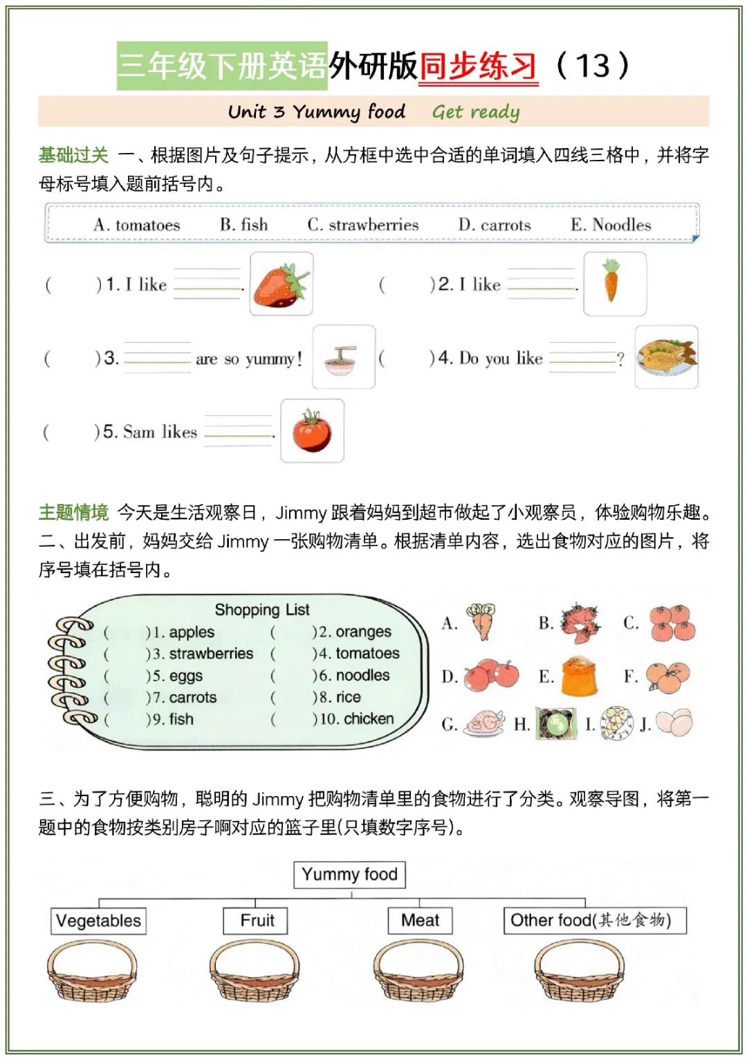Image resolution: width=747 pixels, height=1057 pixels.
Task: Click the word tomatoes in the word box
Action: pyautogui.click(x=147, y=225)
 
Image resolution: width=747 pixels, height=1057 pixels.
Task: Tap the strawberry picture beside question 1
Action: pyautogui.click(x=281, y=284)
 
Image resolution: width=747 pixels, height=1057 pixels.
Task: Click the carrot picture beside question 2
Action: pyautogui.click(x=614, y=283)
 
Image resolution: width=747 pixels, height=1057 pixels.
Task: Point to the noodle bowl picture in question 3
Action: pyautogui.click(x=343, y=357)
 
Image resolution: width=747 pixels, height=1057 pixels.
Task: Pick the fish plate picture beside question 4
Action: pyautogui.click(x=666, y=356)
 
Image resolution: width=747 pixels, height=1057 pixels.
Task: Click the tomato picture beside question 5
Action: pyautogui.click(x=312, y=431)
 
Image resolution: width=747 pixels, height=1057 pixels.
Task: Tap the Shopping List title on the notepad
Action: pyautogui.click(x=261, y=610)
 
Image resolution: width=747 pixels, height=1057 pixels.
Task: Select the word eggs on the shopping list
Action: pyautogui.click(x=186, y=676)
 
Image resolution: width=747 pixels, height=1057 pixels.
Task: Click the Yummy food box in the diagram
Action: pyautogui.click(x=349, y=874)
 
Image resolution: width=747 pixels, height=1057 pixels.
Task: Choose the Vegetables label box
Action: pyautogui.click(x=98, y=921)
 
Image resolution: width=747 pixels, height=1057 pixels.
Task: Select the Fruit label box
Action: pyautogui.click(x=256, y=921)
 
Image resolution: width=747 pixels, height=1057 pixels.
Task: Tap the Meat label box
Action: pyautogui.click(x=420, y=921)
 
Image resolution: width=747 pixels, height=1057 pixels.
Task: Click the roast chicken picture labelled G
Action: pyautogui.click(x=486, y=724)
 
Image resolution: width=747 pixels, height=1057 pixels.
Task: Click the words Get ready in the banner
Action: pyautogui.click(x=475, y=111)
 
